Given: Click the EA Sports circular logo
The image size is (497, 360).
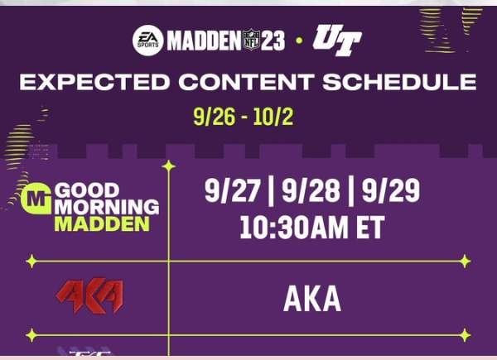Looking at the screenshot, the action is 147,41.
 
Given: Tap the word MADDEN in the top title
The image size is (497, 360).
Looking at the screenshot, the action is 204,41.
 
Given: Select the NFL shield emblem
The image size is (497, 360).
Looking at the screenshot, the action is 251,40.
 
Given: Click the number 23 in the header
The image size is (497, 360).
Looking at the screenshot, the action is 273,41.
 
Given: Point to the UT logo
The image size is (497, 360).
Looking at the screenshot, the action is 337,41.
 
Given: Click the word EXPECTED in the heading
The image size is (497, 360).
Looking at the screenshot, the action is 94,82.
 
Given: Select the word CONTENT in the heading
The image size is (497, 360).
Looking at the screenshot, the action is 246,82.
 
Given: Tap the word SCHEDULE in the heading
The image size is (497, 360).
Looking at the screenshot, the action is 399,82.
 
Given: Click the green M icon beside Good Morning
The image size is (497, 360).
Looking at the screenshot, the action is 36,199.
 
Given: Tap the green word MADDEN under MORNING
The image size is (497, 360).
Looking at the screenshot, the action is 102,223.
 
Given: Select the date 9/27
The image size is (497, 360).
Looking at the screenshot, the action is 232,190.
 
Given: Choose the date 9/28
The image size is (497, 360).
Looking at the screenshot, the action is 311,190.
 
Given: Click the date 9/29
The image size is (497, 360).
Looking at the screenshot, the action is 391,190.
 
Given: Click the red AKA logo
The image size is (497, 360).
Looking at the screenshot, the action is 89,295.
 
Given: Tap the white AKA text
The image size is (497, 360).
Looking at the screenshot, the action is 312,299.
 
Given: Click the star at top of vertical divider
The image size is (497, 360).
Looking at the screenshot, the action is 169,166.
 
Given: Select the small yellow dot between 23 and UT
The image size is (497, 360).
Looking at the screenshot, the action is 299,41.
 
